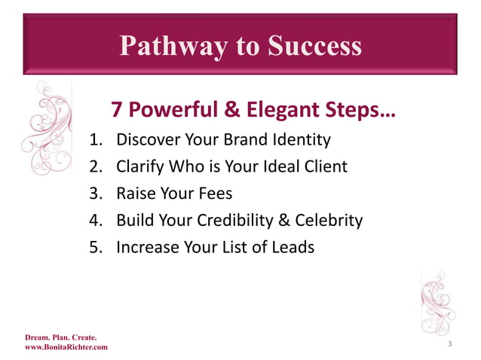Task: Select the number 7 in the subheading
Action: (x=117, y=111)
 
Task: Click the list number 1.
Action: (x=95, y=139)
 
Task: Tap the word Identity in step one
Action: (x=303, y=139)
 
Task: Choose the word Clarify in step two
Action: (x=141, y=166)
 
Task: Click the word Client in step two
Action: (x=326, y=166)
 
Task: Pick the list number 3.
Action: (x=95, y=194)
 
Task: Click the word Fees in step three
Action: (x=215, y=194)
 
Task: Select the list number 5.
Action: (x=95, y=247)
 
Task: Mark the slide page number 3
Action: (x=449, y=344)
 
